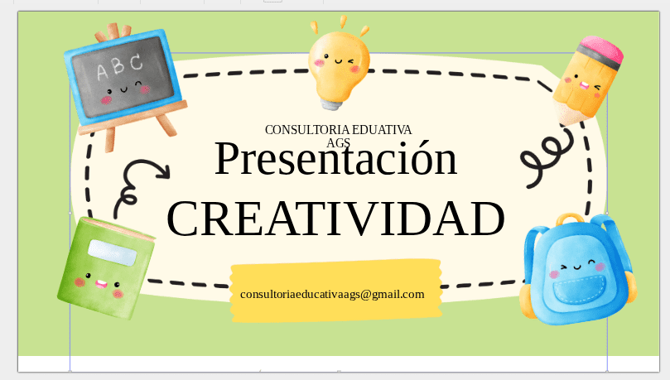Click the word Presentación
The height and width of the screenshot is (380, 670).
pos(335,160)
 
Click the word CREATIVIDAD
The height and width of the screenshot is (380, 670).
pos(335,219)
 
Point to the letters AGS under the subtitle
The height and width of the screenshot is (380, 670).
pos(338,142)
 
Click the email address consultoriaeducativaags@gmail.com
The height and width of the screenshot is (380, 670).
pos(332,294)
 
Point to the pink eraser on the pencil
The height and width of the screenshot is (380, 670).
pos(600,51)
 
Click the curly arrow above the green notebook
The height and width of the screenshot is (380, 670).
pos(141,180)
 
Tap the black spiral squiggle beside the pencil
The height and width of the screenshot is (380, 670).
pos(542,161)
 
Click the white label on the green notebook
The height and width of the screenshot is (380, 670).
pos(113,253)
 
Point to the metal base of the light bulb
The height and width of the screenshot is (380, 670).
pos(332,102)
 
